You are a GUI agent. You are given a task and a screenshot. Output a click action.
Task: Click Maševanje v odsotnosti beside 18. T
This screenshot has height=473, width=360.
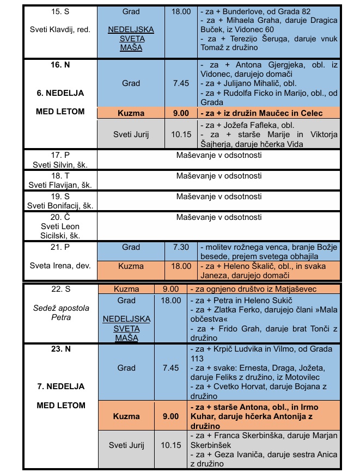219,176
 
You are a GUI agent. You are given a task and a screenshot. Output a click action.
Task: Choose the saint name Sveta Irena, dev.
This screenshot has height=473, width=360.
60,266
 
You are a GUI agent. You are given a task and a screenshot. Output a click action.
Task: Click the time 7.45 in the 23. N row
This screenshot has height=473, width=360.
170,368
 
